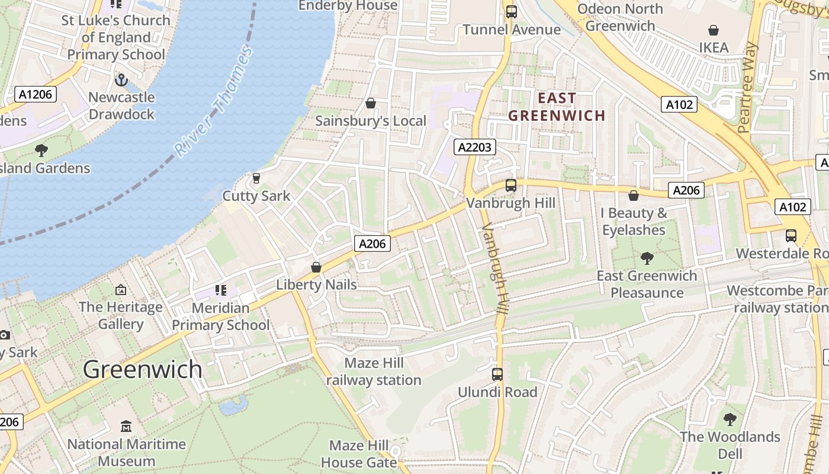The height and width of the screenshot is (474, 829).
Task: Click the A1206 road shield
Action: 36,94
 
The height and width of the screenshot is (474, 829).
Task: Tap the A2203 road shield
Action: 474,147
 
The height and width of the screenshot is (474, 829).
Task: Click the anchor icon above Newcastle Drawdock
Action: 121,79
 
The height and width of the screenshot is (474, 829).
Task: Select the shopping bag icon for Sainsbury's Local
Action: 371,103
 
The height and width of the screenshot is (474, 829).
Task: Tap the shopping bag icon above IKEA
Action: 714,30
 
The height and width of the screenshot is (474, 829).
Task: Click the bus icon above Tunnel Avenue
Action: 511,11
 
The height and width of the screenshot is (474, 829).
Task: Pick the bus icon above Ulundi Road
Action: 497,374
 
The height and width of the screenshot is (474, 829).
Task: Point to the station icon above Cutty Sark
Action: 256,178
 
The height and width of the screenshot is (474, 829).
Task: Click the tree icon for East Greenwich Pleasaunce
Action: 647,258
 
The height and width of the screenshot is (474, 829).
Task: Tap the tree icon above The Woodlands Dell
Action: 730,419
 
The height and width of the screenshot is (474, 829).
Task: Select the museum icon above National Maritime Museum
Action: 126,427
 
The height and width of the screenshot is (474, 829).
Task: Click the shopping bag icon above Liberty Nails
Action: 316,267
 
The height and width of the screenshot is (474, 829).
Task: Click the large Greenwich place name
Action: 143,369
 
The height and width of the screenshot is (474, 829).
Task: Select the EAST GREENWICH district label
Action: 557,107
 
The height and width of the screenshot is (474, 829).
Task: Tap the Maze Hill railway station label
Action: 374,371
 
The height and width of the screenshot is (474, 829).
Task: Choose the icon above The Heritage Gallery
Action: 121,290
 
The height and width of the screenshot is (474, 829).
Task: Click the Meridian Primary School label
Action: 220,316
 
